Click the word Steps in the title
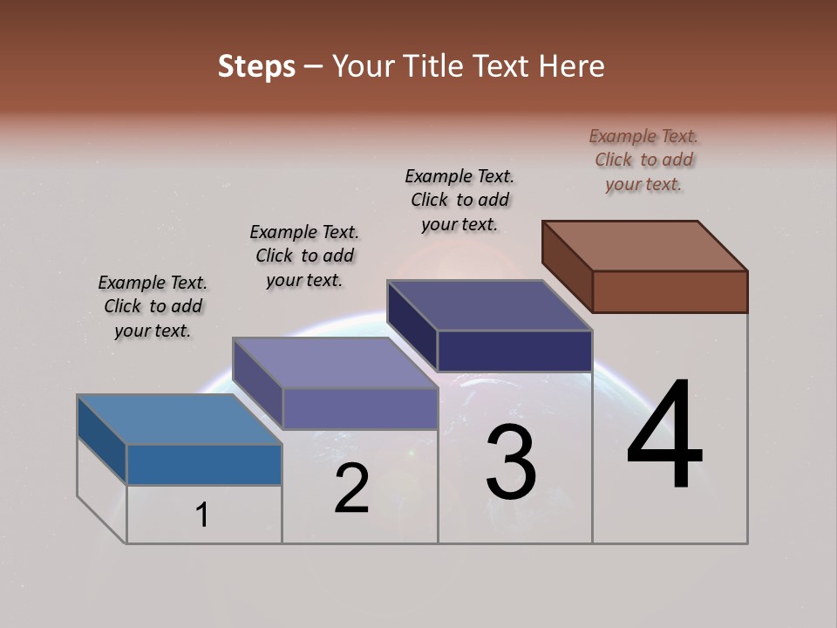(256, 66)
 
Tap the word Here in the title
(573, 66)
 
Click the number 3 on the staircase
(511, 462)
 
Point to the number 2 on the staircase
(352, 488)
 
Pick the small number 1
(202, 515)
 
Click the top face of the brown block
(645, 246)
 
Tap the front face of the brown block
(670, 291)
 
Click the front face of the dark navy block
(514, 351)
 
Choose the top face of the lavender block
(335, 363)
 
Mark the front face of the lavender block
(360, 408)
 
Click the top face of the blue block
(180, 420)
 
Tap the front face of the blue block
(204, 464)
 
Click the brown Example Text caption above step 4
(643, 160)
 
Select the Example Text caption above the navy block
(459, 200)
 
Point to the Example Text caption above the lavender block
(304, 256)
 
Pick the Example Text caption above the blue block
(153, 306)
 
